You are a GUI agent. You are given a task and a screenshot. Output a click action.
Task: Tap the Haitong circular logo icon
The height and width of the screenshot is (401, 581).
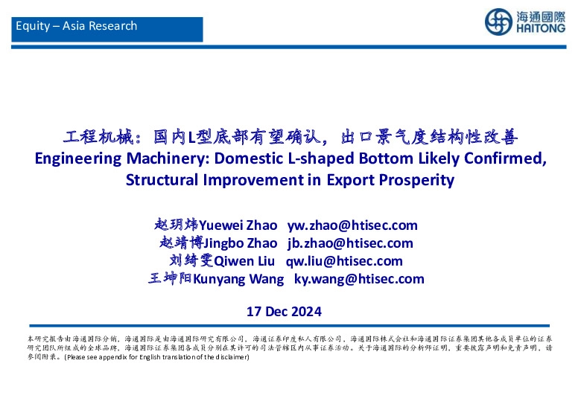pos(498,22)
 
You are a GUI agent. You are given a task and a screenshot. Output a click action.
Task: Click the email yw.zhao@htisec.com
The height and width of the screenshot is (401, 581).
pos(352,225)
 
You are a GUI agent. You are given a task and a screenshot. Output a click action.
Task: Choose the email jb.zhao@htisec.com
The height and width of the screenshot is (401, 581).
pos(350,243)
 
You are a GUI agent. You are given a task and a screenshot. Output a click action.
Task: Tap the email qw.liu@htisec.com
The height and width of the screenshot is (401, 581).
pos(344,261)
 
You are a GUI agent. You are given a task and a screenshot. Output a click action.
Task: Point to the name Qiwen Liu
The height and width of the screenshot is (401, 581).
pos(246,261)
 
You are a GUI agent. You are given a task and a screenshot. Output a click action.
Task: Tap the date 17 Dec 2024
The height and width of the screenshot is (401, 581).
pos(284,311)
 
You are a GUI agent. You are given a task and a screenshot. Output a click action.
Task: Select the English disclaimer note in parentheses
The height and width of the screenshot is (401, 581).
pos(156,357)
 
